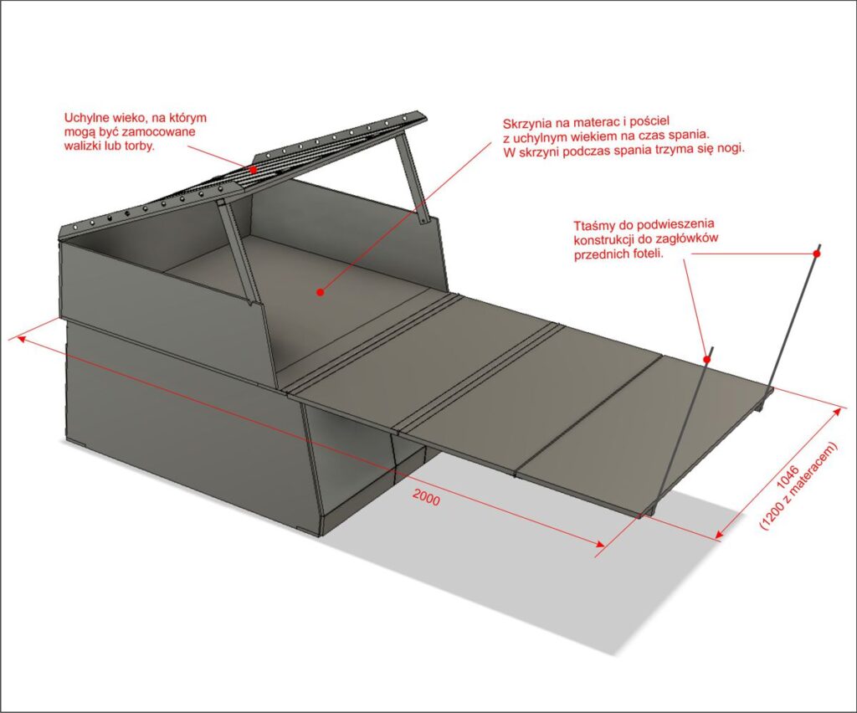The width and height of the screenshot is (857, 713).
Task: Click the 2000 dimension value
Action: pos(426,498)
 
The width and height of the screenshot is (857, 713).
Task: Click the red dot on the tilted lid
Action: pos(253,169)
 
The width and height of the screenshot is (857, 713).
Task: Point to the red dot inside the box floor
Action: pos(321,293)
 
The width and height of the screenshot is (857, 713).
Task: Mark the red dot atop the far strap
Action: pos(817,254)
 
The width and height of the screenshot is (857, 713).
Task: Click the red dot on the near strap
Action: pos(706,360)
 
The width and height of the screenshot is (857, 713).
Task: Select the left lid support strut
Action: pos(236,251)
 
